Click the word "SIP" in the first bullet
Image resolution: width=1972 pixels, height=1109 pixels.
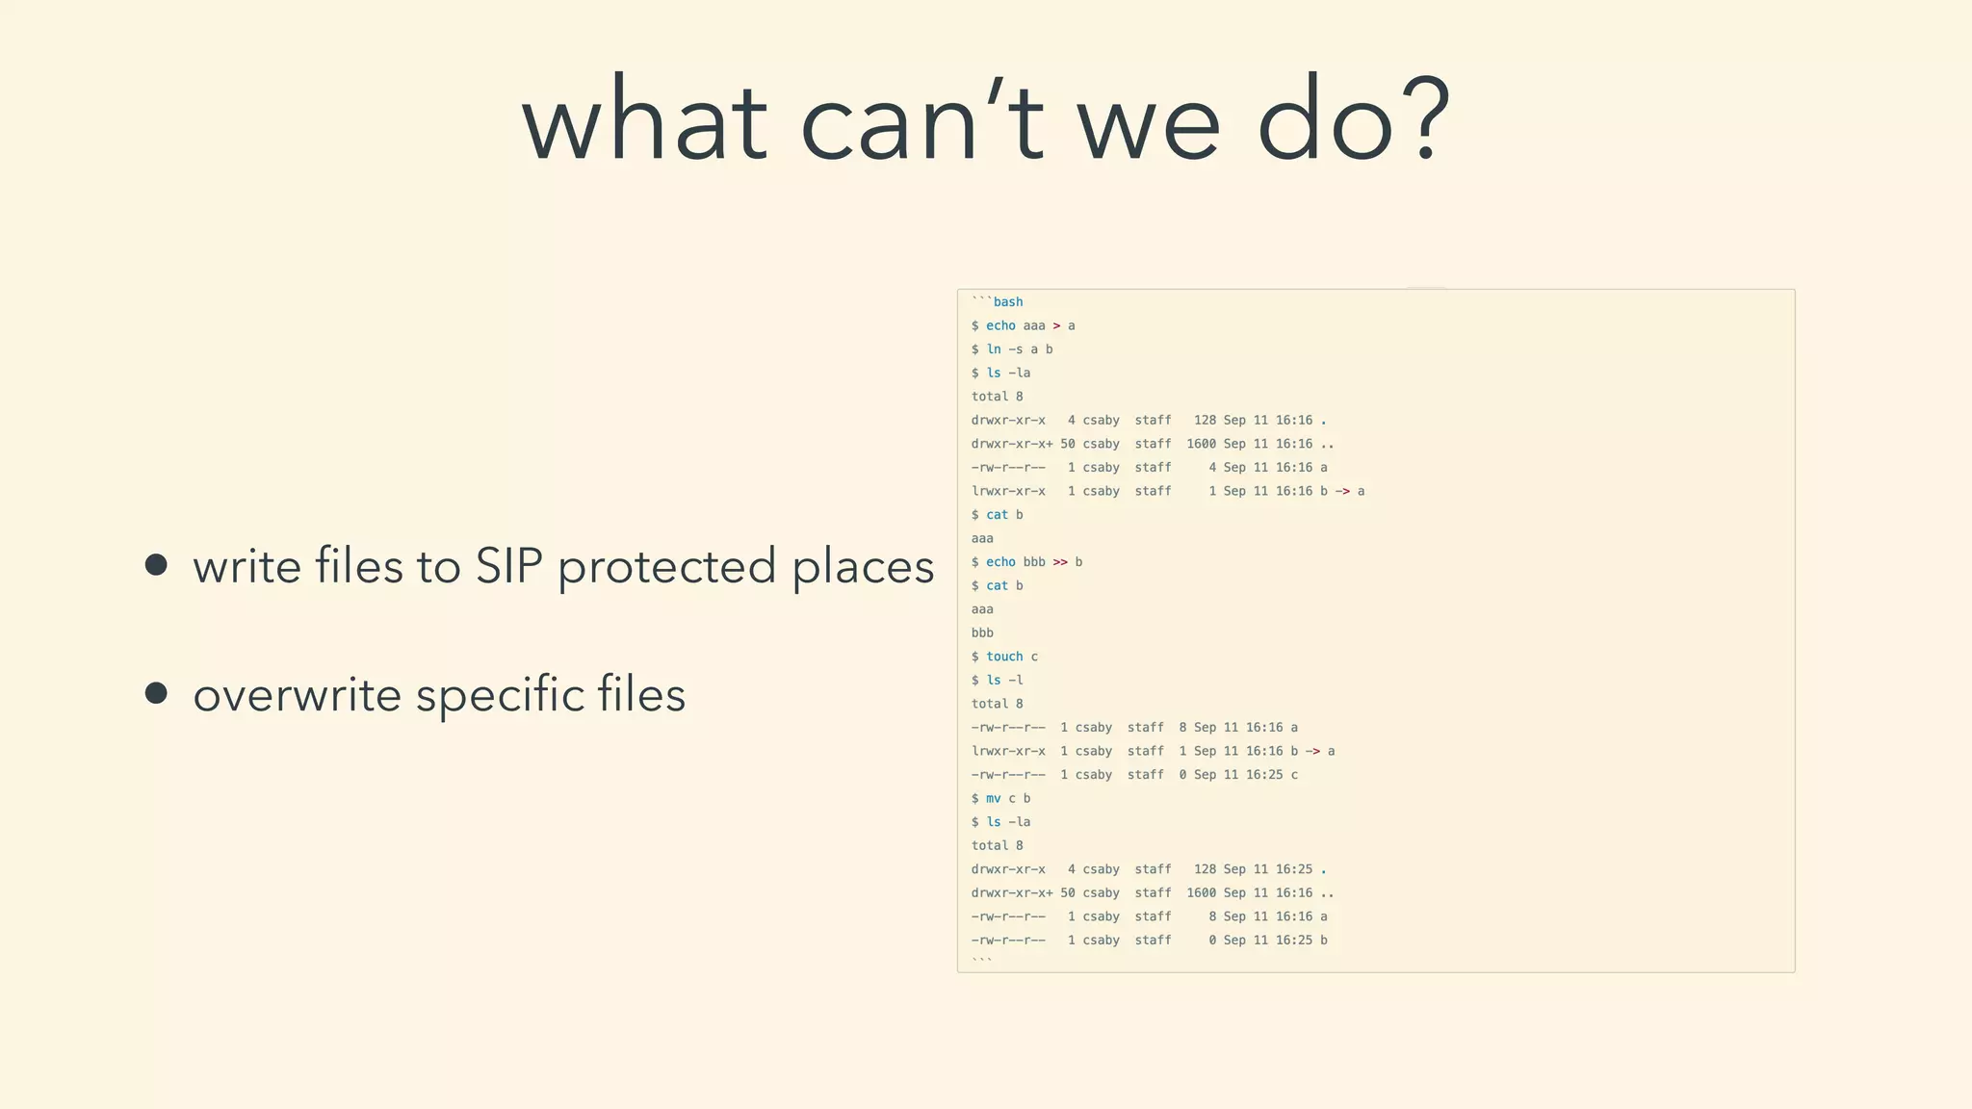pos(508,566)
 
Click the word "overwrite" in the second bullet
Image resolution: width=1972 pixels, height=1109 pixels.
pos(297,695)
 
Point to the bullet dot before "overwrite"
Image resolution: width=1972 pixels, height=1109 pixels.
pos(156,693)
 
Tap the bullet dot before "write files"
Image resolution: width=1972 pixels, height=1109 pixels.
pos(156,564)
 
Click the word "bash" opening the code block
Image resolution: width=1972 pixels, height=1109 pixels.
pos(1007,302)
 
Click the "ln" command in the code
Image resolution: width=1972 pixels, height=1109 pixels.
pos(994,349)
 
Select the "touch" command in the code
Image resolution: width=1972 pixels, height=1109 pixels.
pos(1003,657)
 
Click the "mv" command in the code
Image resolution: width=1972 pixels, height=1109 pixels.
pos(993,798)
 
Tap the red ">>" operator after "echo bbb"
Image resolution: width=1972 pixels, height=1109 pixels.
pos(1060,562)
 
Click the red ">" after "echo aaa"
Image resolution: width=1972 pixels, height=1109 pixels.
pos(1056,325)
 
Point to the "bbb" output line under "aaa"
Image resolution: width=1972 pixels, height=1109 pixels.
pos(982,632)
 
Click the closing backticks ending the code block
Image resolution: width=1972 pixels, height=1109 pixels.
pos(981,961)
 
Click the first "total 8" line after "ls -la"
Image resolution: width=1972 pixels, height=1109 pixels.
pos(997,397)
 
